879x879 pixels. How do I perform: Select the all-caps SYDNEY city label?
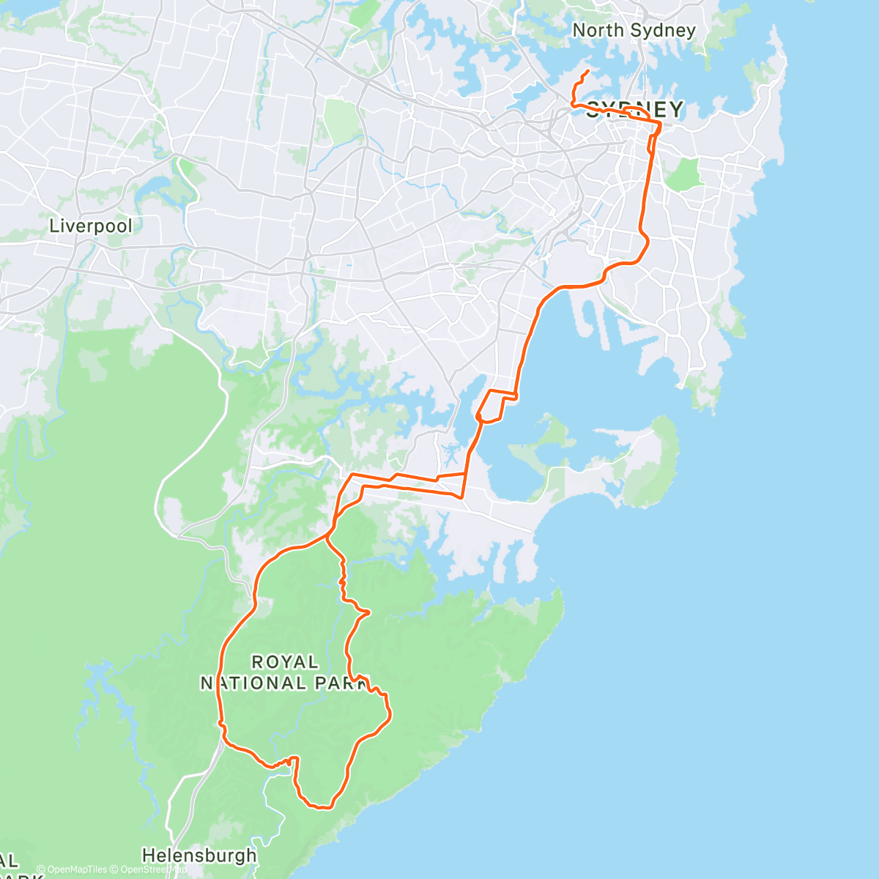(634, 110)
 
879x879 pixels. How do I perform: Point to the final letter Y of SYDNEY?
(675, 110)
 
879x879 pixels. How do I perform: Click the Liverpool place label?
(91, 226)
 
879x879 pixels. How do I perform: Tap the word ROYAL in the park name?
(285, 662)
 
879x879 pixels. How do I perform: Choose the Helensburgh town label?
(199, 855)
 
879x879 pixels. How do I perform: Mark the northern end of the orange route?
(589, 71)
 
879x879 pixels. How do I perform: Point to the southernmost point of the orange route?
(322, 808)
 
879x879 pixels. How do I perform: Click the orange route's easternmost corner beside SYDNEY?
(660, 125)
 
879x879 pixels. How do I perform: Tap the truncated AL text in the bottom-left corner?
(9, 861)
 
